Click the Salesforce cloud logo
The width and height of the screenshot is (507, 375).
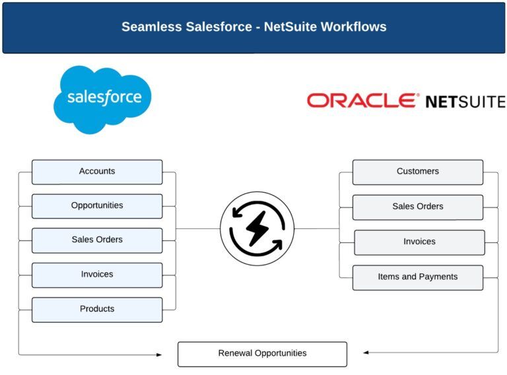click(102, 98)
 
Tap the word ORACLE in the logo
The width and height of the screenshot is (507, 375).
click(362, 100)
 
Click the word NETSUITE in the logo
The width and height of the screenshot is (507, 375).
click(465, 102)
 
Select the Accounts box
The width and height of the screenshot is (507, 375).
click(97, 172)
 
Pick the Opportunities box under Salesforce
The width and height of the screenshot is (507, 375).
click(97, 206)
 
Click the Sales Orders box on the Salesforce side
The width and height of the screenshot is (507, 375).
click(97, 240)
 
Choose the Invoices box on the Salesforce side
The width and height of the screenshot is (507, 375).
click(97, 275)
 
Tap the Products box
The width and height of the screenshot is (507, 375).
click(97, 309)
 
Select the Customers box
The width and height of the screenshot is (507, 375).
click(417, 172)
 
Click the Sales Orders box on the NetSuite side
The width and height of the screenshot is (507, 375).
click(417, 207)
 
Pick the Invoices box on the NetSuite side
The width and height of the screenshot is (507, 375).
click(419, 242)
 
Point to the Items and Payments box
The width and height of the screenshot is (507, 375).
click(417, 277)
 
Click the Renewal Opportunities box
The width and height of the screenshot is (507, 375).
click(262, 354)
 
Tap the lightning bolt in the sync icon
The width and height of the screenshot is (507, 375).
click(257, 228)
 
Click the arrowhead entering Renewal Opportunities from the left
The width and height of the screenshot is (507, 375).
click(158, 355)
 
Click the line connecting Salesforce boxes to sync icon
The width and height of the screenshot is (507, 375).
click(197, 228)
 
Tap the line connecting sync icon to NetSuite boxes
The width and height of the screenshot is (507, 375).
click(317, 228)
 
